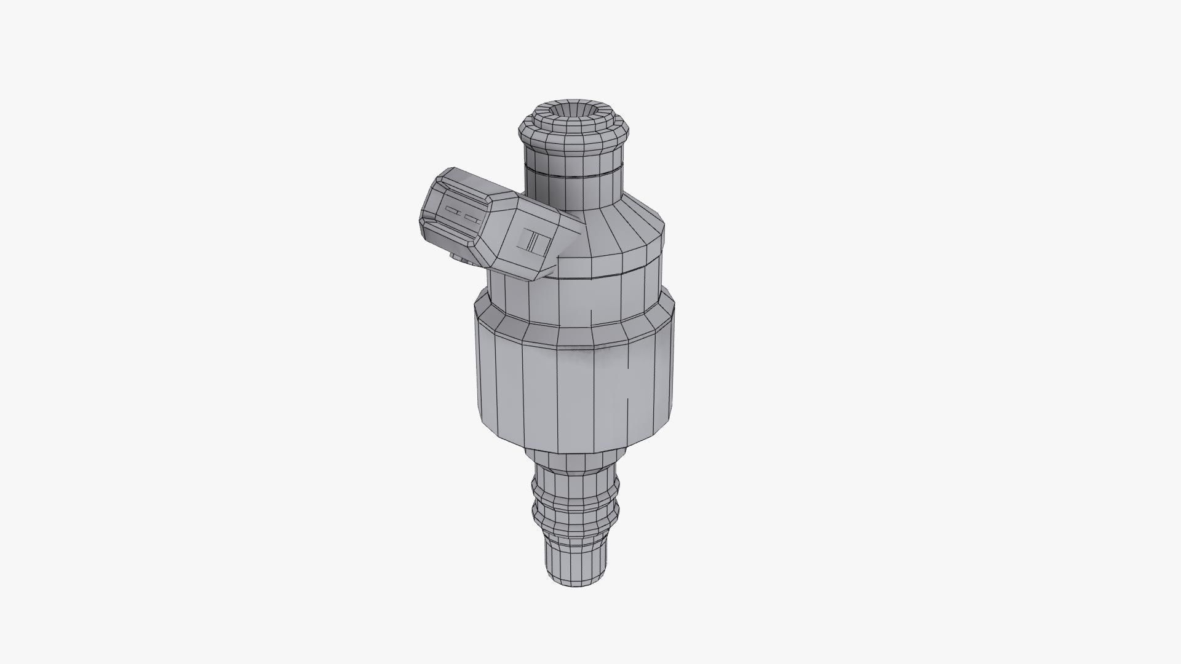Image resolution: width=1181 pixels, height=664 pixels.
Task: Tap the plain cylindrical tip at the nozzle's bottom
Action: click(576, 556)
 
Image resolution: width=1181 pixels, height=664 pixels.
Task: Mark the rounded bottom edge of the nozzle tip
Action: click(576, 581)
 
